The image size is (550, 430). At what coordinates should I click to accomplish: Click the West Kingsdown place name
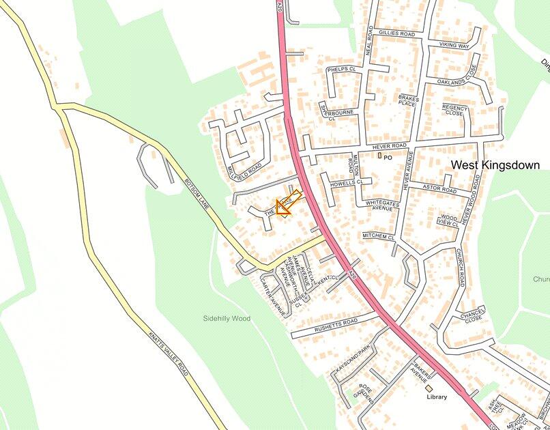click(x=495, y=165)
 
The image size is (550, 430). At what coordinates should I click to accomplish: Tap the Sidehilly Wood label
click(x=227, y=319)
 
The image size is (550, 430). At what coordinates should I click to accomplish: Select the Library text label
click(x=436, y=397)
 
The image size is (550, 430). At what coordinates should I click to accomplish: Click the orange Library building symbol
click(x=429, y=388)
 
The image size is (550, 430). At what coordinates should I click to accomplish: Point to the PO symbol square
click(x=380, y=156)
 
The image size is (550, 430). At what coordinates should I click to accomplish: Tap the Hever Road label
click(x=390, y=146)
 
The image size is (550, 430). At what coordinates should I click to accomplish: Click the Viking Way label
click(x=454, y=46)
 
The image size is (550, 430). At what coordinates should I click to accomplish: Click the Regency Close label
click(x=454, y=110)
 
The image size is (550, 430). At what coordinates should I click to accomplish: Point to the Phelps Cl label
click(x=341, y=70)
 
